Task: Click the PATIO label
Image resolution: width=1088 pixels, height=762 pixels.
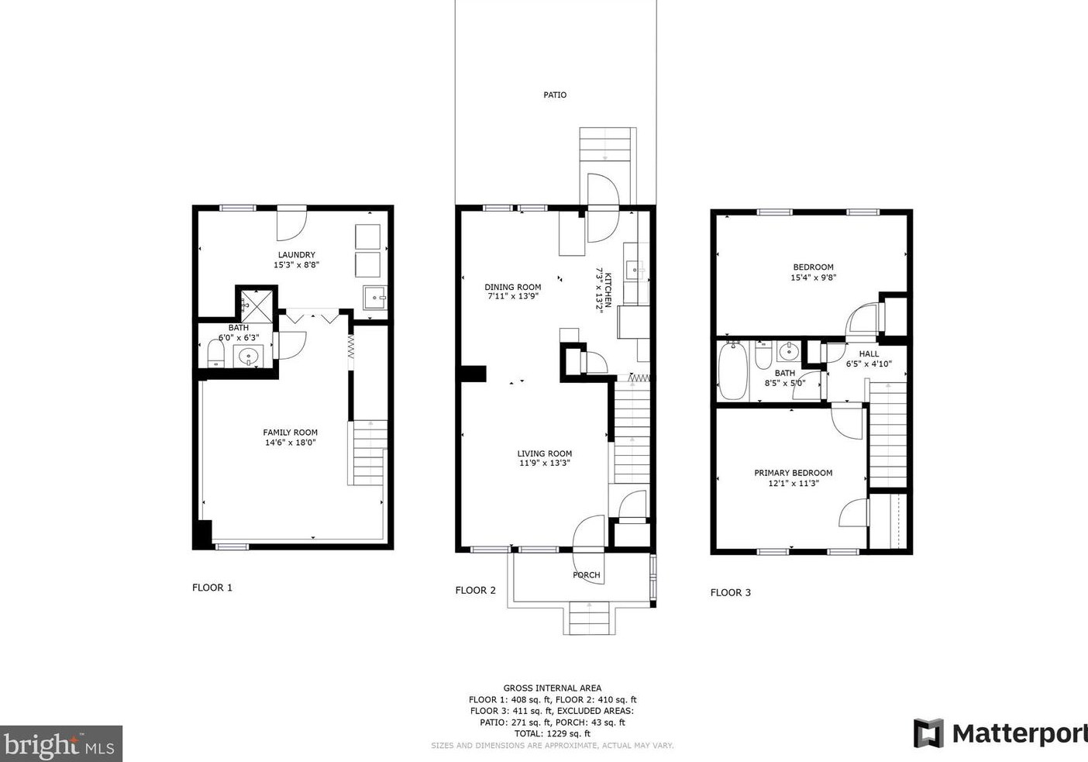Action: [555, 95]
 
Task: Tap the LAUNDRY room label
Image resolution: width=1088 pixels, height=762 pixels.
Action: [296, 255]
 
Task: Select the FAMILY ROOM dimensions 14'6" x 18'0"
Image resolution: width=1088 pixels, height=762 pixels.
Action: [291, 443]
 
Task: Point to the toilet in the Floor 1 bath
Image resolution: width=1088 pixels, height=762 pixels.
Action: [215, 353]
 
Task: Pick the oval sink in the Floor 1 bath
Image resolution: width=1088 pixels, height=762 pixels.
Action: [249, 357]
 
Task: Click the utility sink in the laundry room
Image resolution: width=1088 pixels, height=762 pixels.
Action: [374, 298]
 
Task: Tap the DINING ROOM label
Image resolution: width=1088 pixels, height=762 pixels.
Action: [512, 288]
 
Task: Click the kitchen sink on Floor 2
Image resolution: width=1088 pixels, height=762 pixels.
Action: [634, 271]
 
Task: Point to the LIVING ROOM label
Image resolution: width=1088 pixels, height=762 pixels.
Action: [545, 453]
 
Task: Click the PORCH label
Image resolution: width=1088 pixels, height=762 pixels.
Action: [587, 575]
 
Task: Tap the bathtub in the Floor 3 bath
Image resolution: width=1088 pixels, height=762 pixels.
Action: [733, 371]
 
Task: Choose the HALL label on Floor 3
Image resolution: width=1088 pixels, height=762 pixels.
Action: [869, 353]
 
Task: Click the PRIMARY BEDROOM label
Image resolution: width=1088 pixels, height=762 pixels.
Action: [794, 473]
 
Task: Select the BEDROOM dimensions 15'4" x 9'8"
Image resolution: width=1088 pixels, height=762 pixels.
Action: [814, 278]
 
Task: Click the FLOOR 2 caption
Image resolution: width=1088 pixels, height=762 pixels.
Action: [476, 590]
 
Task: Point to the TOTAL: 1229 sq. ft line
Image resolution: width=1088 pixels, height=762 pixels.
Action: [553, 733]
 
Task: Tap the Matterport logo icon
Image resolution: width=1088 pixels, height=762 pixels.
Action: [928, 733]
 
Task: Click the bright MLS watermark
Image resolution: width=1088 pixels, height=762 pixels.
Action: [60, 744]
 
